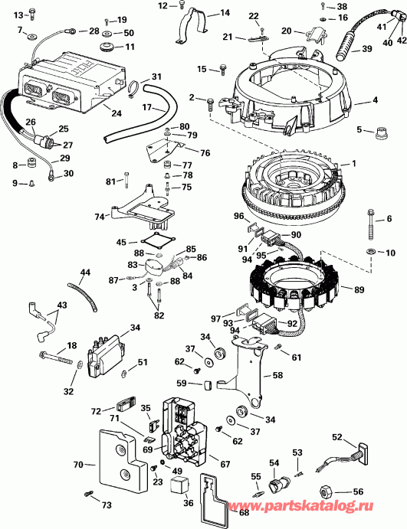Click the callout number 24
pyautogui.click(x=116, y=114)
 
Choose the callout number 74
pyautogui.click(x=100, y=217)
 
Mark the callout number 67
pyautogui.click(x=225, y=463)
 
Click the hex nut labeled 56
pyautogui.click(x=324, y=490)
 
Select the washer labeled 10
pyautogui.click(x=371, y=251)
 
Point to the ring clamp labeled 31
pyautogui.click(x=133, y=90)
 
